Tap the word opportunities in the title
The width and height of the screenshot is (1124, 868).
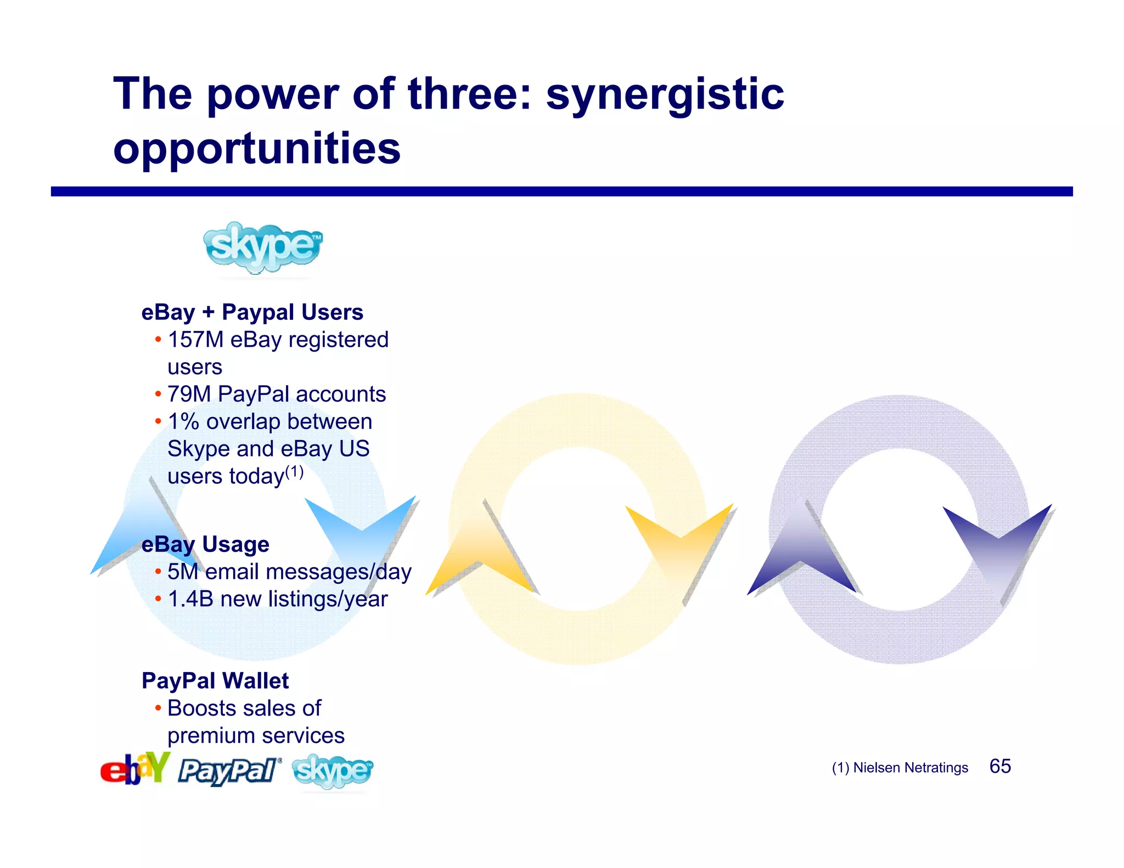pyautogui.click(x=257, y=149)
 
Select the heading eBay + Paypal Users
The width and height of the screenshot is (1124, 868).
pyautogui.click(x=252, y=312)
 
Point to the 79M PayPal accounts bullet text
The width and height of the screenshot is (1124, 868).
pyautogui.click(x=277, y=394)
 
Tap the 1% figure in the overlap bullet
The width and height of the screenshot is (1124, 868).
pyautogui.click(x=183, y=421)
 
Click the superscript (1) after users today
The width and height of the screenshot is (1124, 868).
pyautogui.click(x=294, y=472)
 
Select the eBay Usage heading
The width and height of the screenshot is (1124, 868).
pyautogui.click(x=205, y=544)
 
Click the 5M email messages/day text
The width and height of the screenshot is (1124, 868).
pyautogui.click(x=289, y=572)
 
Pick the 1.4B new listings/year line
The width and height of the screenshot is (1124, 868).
pyautogui.click(x=278, y=599)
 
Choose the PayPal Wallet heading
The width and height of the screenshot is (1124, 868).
pyautogui.click(x=215, y=681)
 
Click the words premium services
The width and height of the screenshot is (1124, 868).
pyautogui.click(x=256, y=736)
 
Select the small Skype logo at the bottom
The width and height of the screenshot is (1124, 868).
pyautogui.click(x=333, y=771)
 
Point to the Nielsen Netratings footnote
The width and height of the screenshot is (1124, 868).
pyautogui.click(x=900, y=768)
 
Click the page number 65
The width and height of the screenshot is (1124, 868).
pyautogui.click(x=1000, y=766)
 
